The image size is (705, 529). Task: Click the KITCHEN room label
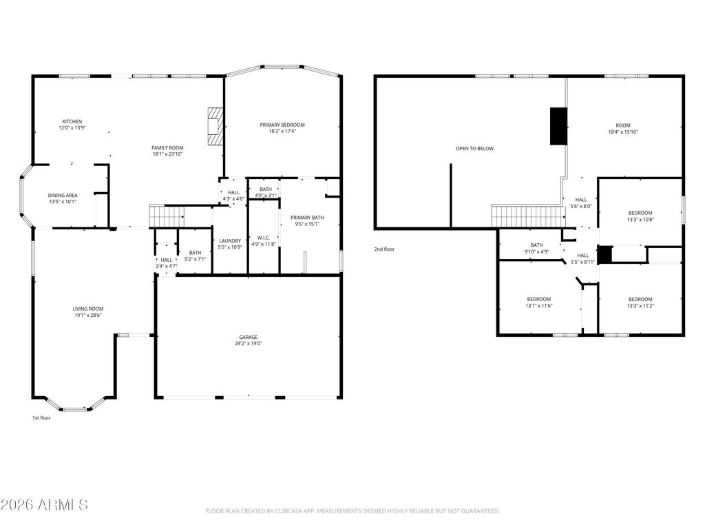point(72,121)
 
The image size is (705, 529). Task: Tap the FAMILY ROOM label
point(167,147)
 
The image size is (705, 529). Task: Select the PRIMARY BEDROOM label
point(282,125)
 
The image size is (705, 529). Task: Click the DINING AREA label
point(62,195)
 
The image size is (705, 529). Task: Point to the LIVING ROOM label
point(87,309)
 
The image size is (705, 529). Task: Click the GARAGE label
point(249,337)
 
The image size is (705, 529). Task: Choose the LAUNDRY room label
point(230,240)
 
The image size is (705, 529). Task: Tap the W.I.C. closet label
point(263,238)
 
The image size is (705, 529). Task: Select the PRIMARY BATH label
point(307,218)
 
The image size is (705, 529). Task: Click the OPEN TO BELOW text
point(474,148)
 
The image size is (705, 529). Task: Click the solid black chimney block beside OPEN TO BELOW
point(558,126)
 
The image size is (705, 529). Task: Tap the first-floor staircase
point(165,216)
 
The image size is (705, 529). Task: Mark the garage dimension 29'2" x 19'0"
point(249,343)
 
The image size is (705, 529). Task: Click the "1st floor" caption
point(41,418)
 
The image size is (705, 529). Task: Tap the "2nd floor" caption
point(384,249)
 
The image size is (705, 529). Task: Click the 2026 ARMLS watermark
point(45,505)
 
